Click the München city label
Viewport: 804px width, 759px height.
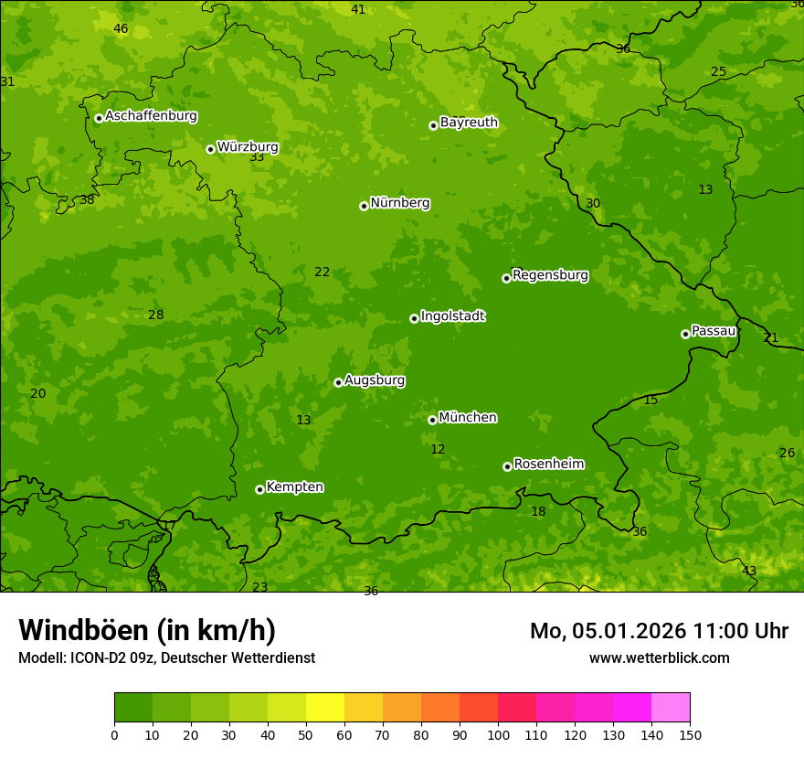(468, 418)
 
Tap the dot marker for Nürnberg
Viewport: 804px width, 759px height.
(364, 206)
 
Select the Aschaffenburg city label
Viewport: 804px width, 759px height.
(151, 116)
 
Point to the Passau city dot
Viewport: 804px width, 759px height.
(685, 334)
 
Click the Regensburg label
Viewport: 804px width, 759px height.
(550, 275)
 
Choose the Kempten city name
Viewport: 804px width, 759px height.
(294, 487)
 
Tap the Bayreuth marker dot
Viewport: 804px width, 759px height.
(433, 125)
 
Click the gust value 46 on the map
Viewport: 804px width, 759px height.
(121, 28)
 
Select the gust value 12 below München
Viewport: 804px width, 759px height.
(438, 449)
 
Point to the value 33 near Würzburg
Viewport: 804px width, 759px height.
(257, 157)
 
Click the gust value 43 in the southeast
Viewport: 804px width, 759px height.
(748, 571)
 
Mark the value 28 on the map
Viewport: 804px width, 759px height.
(156, 315)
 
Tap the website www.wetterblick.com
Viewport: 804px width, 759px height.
(659, 657)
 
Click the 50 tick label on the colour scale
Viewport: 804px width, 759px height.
(306, 734)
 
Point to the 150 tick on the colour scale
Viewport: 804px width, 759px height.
(690, 734)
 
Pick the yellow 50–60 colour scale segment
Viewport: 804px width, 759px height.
(324, 708)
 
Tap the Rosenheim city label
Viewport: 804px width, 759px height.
(548, 465)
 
